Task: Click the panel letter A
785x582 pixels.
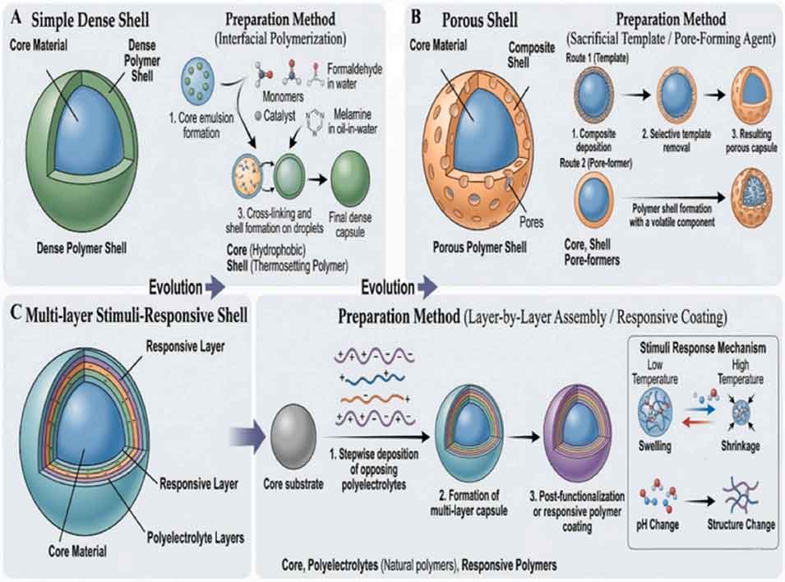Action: [x=16, y=18]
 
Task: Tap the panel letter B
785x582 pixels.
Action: [x=416, y=17]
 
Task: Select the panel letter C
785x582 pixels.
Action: [x=16, y=312]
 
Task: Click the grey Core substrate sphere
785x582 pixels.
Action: [x=293, y=436]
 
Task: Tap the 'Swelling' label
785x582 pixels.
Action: [x=655, y=446]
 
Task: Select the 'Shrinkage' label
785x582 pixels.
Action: [x=741, y=446]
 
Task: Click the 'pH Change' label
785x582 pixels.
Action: [x=658, y=524]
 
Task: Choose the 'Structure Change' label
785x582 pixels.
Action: [x=741, y=524]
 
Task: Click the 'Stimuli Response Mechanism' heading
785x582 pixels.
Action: [x=703, y=348]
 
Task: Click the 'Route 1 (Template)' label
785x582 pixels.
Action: [x=598, y=58]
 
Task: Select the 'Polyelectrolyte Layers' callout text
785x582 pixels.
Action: [x=196, y=538]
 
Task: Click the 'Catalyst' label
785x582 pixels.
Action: [x=279, y=116]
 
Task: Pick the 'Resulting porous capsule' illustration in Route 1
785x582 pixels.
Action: [x=751, y=95]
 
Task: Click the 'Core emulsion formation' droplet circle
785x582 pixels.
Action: [x=198, y=80]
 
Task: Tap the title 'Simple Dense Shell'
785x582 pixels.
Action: [x=90, y=20]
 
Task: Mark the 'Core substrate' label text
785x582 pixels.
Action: [x=293, y=484]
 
